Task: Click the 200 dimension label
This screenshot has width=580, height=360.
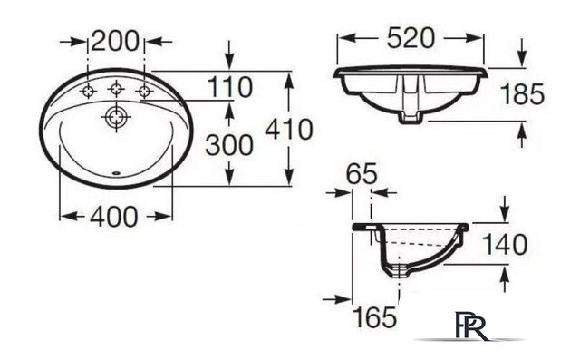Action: click(115, 41)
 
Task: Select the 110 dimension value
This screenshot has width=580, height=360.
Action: click(230, 87)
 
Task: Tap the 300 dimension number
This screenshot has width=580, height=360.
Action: click(229, 145)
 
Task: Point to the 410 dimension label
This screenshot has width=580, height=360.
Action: click(289, 130)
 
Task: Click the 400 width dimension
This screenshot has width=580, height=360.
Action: click(114, 217)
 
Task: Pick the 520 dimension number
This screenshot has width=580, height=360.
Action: click(411, 38)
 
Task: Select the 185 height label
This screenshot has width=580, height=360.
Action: click(522, 94)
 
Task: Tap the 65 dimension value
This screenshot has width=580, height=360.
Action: click(362, 173)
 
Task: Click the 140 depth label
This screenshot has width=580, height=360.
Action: click(505, 245)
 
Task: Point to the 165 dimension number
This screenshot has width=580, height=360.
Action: click(374, 317)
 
